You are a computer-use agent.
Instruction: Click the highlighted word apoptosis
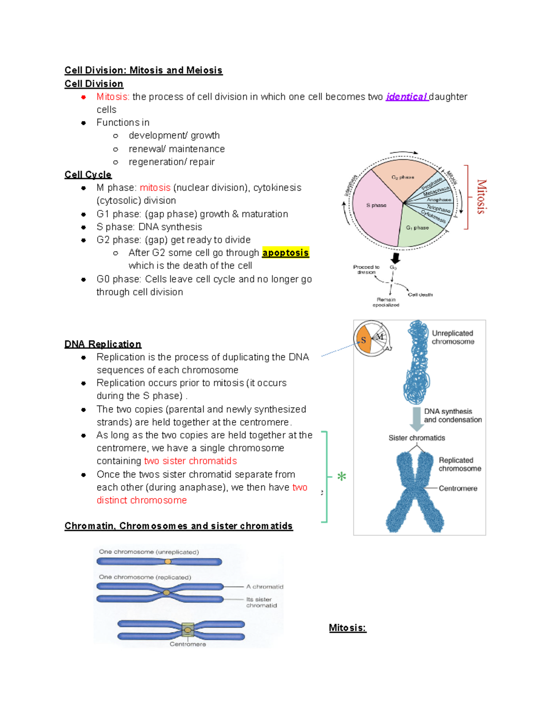pyautogui.click(x=285, y=252)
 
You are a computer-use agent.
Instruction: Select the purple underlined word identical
pyautogui.click(x=406, y=97)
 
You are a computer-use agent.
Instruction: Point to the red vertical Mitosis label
pyautogui.click(x=481, y=197)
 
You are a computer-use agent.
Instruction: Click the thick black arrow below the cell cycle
pyautogui.click(x=395, y=258)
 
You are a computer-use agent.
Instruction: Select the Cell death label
pyautogui.click(x=420, y=294)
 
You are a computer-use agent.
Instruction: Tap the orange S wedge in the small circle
pyautogui.click(x=364, y=340)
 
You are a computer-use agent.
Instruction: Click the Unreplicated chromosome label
pyautogui.click(x=453, y=337)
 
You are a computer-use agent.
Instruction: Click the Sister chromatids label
pyautogui.click(x=416, y=438)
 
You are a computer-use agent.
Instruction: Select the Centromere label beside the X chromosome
pyautogui.click(x=458, y=488)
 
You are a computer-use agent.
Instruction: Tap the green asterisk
pyautogui.click(x=342, y=477)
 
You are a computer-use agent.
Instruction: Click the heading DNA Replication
pyautogui.click(x=103, y=344)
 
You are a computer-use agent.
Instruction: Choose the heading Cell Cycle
pyautogui.click(x=88, y=175)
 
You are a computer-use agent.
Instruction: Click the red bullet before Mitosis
pyautogui.click(x=84, y=97)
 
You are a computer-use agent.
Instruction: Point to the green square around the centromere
pyautogui.click(x=188, y=630)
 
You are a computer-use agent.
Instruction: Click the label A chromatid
pyautogui.click(x=264, y=587)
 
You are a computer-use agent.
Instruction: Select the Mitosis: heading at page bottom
pyautogui.click(x=348, y=628)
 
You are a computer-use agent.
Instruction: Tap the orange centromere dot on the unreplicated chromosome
pyautogui.click(x=168, y=562)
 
